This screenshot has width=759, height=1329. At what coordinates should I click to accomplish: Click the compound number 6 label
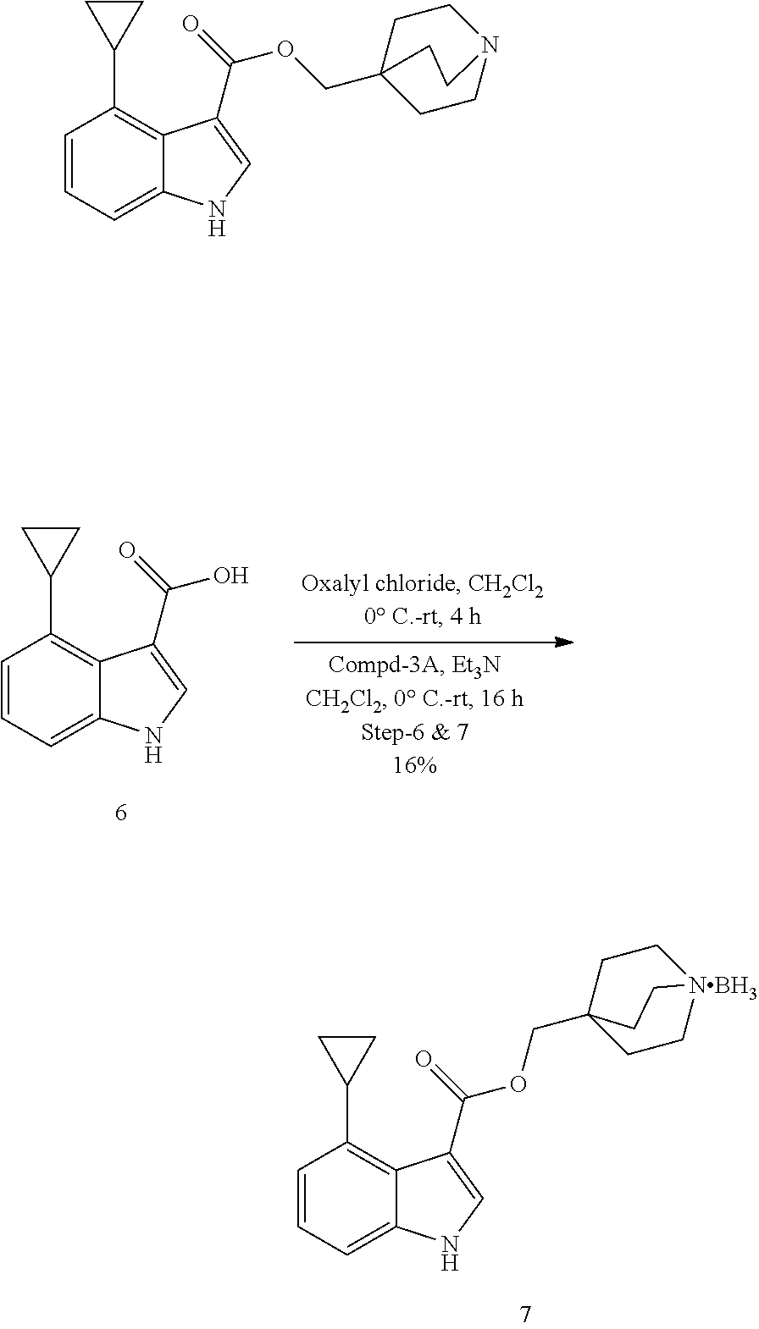pos(120,813)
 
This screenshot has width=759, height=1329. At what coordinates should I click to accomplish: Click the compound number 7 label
pos(525,1314)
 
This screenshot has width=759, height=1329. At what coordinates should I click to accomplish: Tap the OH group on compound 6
pos(230,576)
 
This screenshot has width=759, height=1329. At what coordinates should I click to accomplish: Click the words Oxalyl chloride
pos(365,585)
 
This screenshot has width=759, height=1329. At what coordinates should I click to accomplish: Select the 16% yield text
pos(414,766)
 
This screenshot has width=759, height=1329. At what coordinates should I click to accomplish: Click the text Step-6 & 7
pos(415,732)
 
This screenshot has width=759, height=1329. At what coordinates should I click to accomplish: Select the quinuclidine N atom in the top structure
pos(490,43)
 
